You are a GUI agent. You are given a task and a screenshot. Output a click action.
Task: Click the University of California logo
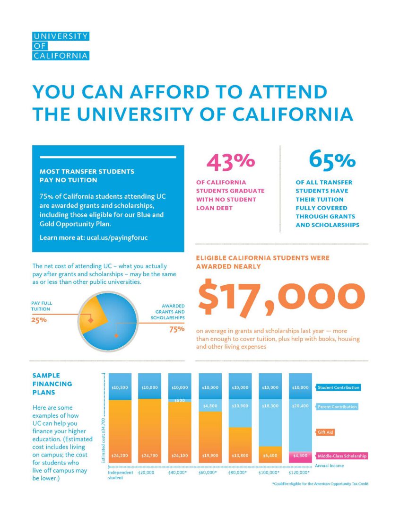[61, 46]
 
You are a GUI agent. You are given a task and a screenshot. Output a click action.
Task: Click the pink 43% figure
[231, 162]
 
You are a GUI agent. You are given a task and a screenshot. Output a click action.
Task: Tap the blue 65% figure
[332, 160]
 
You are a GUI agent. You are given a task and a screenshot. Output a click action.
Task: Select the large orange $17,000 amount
[281, 298]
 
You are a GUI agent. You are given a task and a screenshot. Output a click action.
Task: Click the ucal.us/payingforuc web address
[117, 238]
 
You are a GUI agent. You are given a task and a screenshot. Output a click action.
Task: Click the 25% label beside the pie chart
[39, 320]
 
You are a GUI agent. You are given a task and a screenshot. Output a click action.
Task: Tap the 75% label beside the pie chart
[177, 329]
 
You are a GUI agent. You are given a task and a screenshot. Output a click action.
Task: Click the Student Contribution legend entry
[338, 387]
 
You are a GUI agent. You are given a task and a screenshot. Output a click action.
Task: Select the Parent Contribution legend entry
[337, 407]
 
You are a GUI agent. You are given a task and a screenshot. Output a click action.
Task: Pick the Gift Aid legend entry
[325, 432]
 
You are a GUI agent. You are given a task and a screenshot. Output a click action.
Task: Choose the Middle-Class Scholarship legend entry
[341, 456]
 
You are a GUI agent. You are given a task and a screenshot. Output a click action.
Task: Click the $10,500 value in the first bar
[120, 387]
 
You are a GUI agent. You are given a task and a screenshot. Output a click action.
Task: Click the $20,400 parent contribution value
[300, 406]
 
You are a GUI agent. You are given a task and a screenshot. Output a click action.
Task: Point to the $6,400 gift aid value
[270, 456]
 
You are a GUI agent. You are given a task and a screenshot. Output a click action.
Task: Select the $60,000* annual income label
[208, 473]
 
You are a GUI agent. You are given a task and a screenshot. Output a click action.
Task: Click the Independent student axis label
[121, 475]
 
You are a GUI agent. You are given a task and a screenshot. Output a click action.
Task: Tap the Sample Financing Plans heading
[52, 384]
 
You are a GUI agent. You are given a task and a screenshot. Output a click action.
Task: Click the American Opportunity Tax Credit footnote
[320, 483]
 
